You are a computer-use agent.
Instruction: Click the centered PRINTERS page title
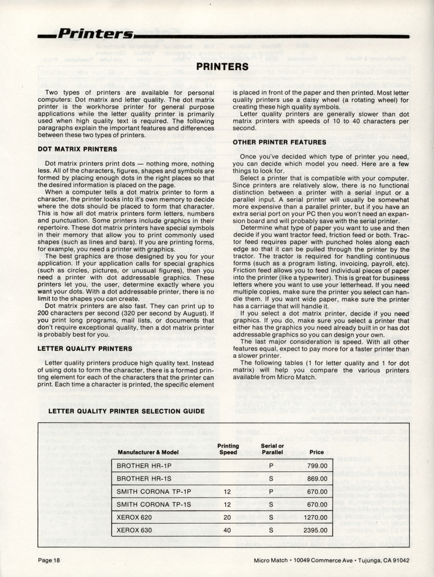[x=222, y=67]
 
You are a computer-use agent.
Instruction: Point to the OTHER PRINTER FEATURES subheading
[x=271, y=143]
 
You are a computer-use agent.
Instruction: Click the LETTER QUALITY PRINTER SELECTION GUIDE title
[x=126, y=411]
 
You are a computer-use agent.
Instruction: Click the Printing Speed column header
[x=228, y=449]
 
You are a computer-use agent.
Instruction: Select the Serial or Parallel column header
[x=270, y=449]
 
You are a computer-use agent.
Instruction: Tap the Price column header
[x=316, y=452]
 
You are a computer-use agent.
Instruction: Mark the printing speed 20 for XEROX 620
[x=227, y=518]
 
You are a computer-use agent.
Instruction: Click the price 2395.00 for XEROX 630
[x=315, y=530]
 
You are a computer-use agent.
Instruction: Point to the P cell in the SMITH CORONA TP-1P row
[x=270, y=492]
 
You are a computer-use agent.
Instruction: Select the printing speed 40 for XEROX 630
[x=227, y=530]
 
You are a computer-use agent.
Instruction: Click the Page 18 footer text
[x=49, y=561]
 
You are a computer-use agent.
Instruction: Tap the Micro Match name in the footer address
[x=272, y=561]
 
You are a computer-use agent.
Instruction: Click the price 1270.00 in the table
[x=315, y=518]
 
